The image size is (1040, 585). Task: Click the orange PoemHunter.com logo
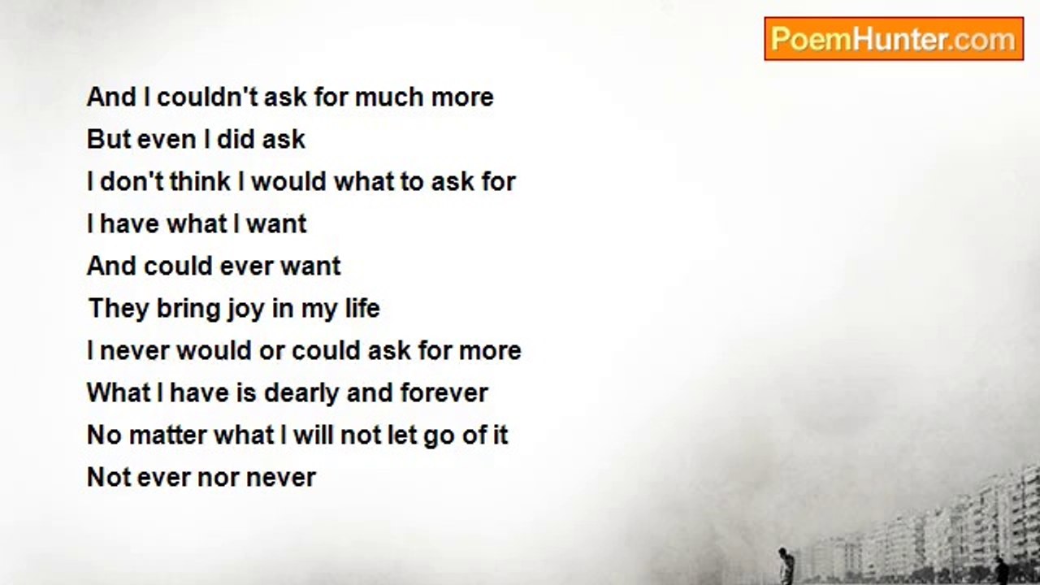[894, 39]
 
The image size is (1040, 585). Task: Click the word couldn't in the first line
[207, 97]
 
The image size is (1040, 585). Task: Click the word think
[200, 181]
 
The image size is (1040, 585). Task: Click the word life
[362, 308]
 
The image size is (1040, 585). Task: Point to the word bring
[188, 310]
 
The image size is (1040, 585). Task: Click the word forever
[444, 392]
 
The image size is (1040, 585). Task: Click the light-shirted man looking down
[785, 565]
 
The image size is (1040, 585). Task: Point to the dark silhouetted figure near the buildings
[999, 570]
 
